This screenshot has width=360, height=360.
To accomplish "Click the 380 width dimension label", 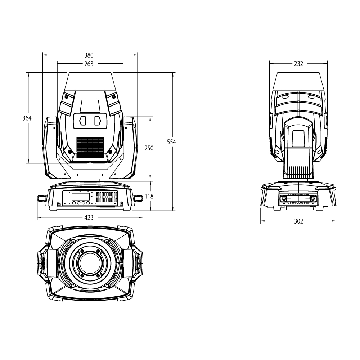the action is [89, 55].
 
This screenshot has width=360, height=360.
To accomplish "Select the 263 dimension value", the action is [89, 64].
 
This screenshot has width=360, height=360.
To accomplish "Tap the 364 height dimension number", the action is [27, 118].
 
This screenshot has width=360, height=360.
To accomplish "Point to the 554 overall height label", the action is [171, 142].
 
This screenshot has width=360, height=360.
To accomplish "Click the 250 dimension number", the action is [149, 148].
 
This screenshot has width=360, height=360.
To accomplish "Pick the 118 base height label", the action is [149, 196].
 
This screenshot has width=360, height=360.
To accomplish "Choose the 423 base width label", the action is [89, 217].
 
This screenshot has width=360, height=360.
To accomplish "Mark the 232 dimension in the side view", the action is [298, 64].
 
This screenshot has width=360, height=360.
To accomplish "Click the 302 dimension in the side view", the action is [298, 221].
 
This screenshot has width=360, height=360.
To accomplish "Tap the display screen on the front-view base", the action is [81, 197].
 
